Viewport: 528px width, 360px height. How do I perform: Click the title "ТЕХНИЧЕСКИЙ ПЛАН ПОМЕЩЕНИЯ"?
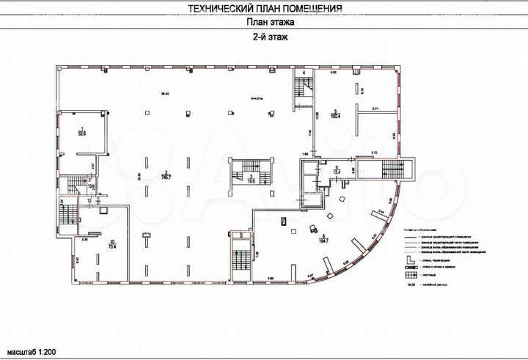pos(264,9)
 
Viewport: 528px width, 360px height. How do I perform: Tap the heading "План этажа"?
pos(264,23)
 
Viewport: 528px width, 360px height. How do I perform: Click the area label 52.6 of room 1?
pos(83,133)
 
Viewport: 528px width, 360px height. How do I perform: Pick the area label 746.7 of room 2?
pos(168,176)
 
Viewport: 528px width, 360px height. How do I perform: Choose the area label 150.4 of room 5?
pos(338,114)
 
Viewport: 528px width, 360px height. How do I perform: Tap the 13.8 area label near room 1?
pos(91,186)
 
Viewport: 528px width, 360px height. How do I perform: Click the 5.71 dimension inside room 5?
pos(374,109)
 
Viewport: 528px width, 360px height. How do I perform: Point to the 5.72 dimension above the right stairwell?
pos(373,152)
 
